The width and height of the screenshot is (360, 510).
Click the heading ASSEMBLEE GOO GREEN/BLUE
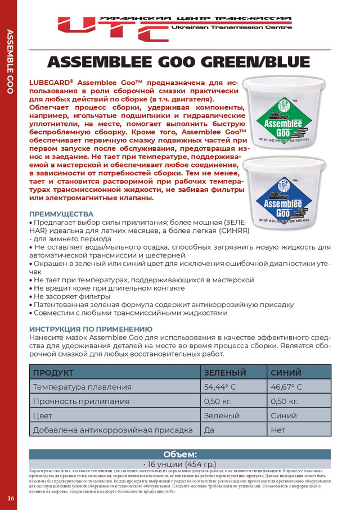click(179, 61)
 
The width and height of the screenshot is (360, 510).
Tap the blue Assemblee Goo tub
click(292, 188)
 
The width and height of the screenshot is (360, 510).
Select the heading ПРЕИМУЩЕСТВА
click(61, 214)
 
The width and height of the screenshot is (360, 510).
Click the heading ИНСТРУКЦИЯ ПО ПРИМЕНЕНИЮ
click(91, 328)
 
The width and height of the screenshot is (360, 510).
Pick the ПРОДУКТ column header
click(53, 372)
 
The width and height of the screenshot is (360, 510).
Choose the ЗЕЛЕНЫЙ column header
click(224, 372)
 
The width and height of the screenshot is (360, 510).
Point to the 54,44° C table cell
click(219, 387)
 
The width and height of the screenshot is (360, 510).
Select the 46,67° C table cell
click(286, 387)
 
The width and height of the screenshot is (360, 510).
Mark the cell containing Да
click(209, 430)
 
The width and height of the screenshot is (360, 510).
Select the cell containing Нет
click(278, 430)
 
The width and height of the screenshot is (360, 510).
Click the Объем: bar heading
click(180, 454)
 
